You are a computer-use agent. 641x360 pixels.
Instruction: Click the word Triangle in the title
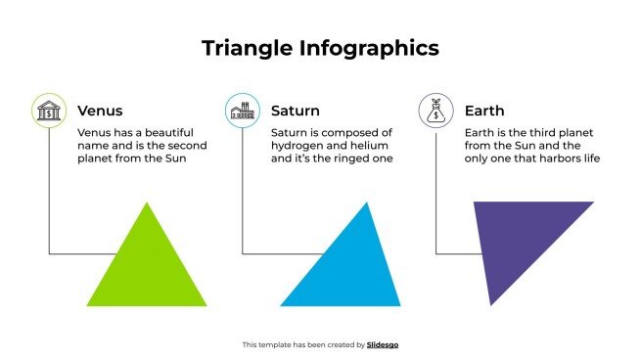pos(247,48)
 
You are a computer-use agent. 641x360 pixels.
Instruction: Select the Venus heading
pos(100,111)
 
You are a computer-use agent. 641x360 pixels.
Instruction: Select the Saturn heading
pos(295,111)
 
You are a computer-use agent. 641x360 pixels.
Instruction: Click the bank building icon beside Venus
pos(48,111)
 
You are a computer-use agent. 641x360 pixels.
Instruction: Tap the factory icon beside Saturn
pos(242,111)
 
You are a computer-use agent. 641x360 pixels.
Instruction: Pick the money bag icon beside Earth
pos(435,111)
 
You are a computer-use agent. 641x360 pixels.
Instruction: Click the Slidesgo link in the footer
pos(383,344)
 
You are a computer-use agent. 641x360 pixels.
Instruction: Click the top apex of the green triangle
pos(148,203)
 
